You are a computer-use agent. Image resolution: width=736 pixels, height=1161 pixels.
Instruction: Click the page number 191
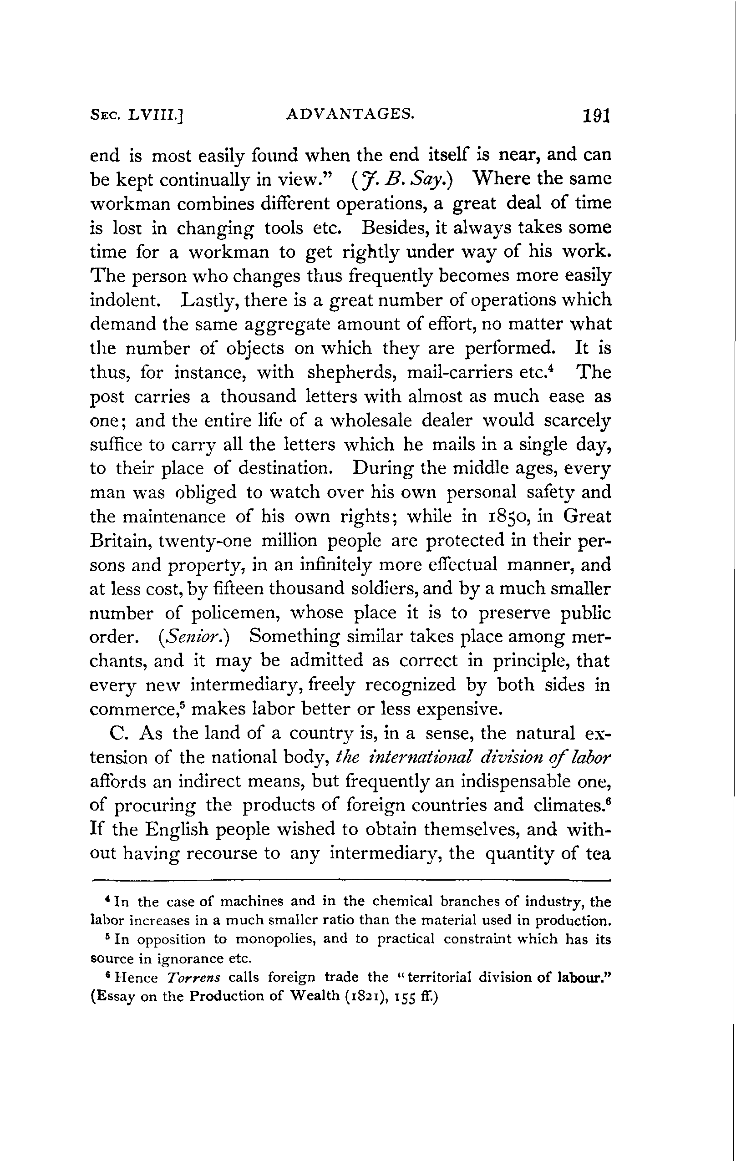tap(597, 116)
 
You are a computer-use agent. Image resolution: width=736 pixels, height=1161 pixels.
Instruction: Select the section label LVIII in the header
tap(156, 116)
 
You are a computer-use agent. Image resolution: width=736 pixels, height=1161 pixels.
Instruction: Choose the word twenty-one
tap(205, 541)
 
